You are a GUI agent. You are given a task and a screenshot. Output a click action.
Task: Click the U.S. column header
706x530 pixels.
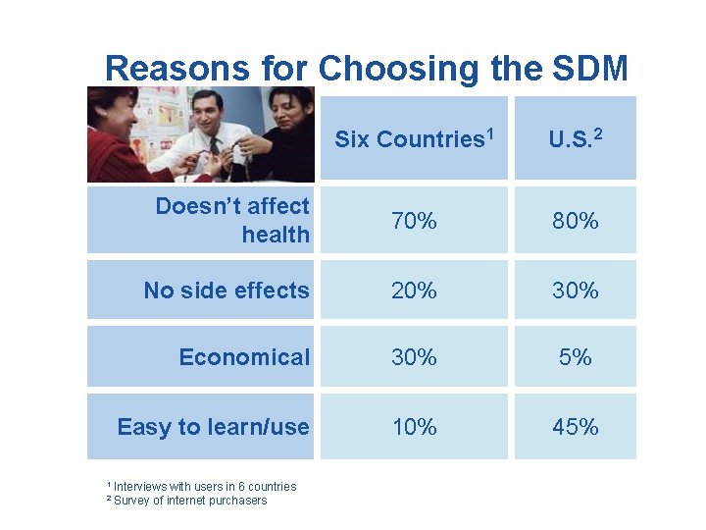coord(575,138)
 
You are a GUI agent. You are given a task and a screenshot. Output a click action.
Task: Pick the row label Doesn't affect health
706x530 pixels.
coord(232,220)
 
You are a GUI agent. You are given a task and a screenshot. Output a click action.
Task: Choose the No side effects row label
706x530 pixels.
coord(226,291)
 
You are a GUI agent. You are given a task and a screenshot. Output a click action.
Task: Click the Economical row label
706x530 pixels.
coord(243,357)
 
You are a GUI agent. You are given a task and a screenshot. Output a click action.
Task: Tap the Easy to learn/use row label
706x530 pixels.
coord(213,427)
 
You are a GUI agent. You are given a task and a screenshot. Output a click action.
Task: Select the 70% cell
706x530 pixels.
coord(414,221)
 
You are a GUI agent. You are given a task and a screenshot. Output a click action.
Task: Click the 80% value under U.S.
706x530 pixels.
coord(575,221)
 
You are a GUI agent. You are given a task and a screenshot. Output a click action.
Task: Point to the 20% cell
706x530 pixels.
coord(414,291)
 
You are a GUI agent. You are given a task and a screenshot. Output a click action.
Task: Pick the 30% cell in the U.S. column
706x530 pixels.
coord(575,291)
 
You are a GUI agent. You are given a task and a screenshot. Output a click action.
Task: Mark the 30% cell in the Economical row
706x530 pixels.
coord(414,357)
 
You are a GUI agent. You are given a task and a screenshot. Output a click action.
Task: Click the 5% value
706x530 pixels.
coord(575,357)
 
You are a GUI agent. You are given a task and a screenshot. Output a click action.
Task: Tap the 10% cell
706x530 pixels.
coord(414,427)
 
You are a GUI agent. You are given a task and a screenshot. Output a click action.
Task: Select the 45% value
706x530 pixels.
coord(575,427)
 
